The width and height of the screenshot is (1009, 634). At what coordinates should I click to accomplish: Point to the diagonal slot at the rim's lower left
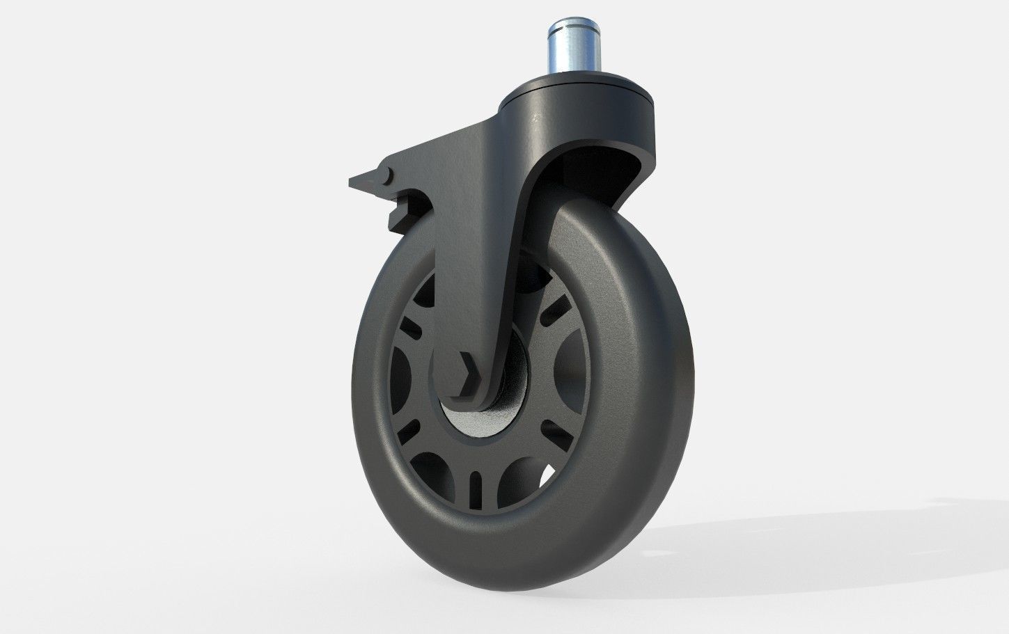coord(409,425)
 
